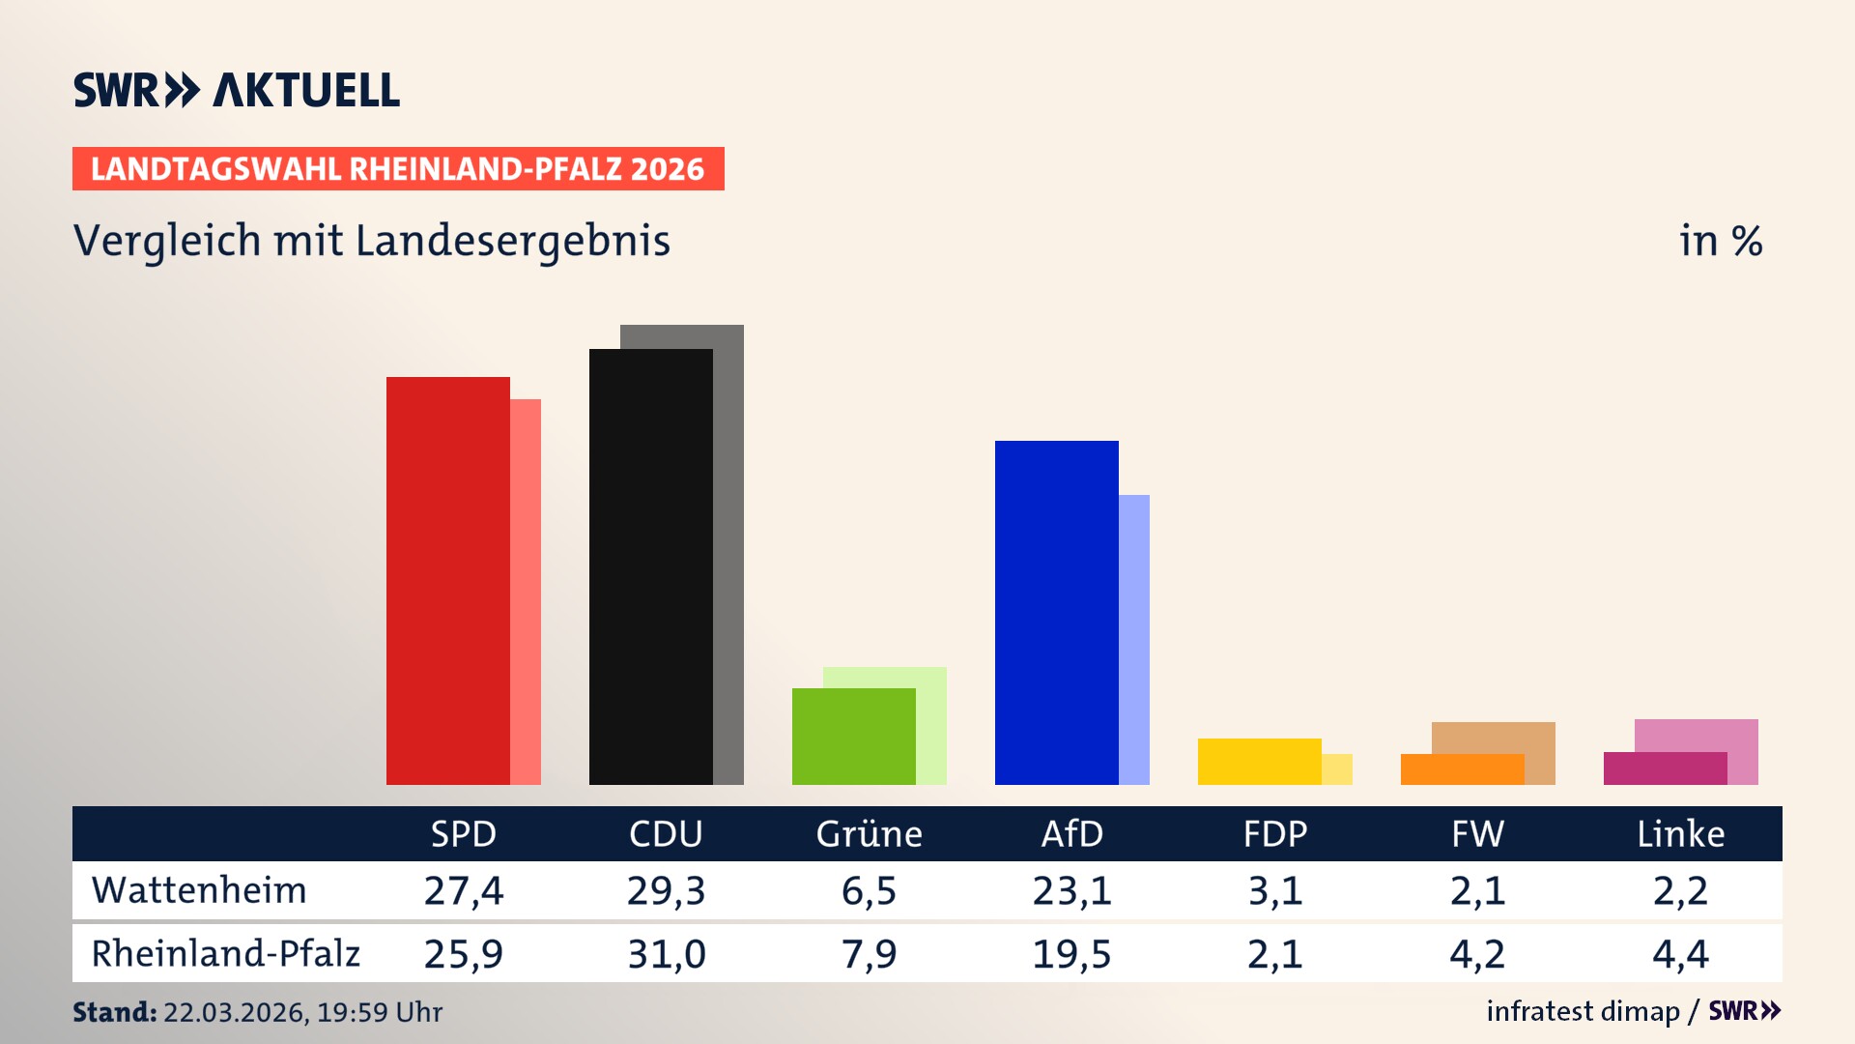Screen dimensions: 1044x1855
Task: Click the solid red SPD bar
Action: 447,580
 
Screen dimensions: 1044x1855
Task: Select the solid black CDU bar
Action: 650,566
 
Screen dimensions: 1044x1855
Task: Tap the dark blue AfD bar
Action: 1056,612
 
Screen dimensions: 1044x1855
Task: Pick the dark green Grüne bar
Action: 853,736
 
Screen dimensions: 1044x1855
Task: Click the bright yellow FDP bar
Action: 1259,761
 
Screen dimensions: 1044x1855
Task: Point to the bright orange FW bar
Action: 1462,769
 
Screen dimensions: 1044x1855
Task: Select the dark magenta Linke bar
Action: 1665,768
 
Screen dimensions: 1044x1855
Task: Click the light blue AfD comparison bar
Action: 1134,638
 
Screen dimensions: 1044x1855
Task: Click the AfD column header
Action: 1071,833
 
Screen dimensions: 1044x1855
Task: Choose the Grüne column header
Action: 869,833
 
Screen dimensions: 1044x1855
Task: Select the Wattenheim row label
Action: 199,890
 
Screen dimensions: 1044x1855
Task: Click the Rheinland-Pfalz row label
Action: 225,953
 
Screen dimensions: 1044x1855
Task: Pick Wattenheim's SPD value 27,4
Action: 463,890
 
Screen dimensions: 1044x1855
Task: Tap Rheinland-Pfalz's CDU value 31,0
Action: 666,954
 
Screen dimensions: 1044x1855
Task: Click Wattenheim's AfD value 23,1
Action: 1071,890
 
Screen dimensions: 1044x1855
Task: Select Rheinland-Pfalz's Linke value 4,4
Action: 1680,954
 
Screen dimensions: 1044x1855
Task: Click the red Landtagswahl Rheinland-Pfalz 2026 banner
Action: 398,168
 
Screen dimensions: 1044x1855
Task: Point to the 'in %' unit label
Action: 1720,241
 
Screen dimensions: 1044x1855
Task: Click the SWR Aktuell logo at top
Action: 237,90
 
